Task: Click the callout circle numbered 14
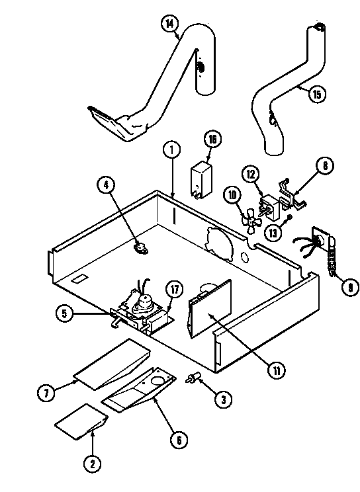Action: click(x=170, y=24)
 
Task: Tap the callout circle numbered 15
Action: click(x=316, y=95)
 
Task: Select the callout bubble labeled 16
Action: click(x=212, y=140)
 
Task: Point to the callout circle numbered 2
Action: click(x=93, y=465)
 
